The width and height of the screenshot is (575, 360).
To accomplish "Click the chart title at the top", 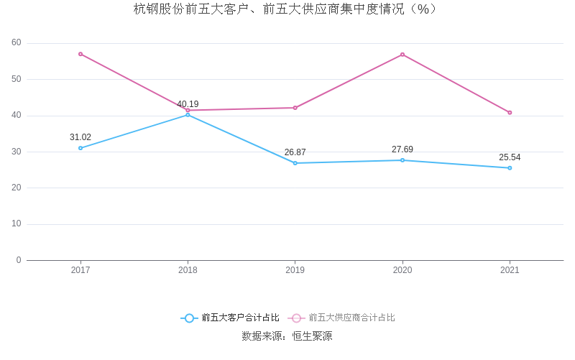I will click(x=285, y=9).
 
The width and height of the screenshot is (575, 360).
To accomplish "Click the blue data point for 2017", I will click(x=80, y=148).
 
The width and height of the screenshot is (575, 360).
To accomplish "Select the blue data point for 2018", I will click(x=188, y=115).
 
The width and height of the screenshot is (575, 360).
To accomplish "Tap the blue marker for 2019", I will click(x=295, y=163).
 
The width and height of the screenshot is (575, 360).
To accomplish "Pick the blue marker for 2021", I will click(x=510, y=168).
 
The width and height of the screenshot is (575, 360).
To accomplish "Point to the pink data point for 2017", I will click(x=80, y=54).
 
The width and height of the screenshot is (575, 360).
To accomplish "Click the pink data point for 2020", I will click(x=402, y=55).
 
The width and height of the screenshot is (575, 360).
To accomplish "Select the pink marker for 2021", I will click(x=510, y=113).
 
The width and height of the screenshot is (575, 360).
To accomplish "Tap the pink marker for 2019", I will click(x=295, y=108).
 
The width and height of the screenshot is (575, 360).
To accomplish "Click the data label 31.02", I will click(x=80, y=137).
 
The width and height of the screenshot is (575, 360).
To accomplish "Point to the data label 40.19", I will click(x=188, y=104).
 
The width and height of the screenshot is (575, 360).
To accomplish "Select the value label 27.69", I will click(x=402, y=149).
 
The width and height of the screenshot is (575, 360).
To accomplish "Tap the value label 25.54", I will click(x=510, y=157).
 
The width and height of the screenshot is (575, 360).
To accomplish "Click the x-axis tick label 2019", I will click(x=295, y=270).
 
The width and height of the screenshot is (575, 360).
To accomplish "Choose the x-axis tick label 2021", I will click(x=510, y=270).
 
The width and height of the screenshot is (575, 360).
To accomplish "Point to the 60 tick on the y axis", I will click(x=17, y=43).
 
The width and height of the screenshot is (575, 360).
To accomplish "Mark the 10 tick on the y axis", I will click(x=17, y=224).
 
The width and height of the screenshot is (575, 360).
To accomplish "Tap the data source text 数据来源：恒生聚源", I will click(x=287, y=336).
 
